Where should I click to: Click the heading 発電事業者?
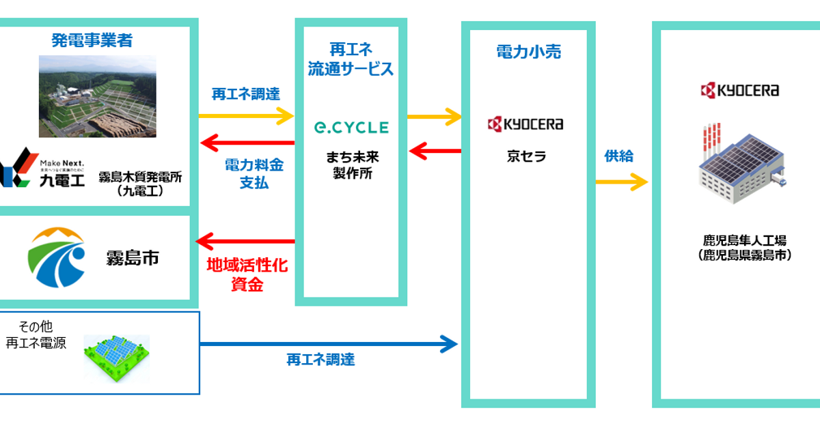92,40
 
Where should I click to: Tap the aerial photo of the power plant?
98,96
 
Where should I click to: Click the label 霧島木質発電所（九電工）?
139,183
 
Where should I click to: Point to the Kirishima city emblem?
57,257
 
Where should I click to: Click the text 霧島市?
133,258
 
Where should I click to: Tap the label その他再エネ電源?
36,335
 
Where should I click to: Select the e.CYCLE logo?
351,127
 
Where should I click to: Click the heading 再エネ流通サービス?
351,59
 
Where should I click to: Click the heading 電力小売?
528,51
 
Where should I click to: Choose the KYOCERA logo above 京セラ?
525,124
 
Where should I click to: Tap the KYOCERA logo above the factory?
739,90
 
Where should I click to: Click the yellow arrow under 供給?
621,182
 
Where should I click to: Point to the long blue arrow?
328,343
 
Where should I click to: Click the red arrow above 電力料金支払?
247,143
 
